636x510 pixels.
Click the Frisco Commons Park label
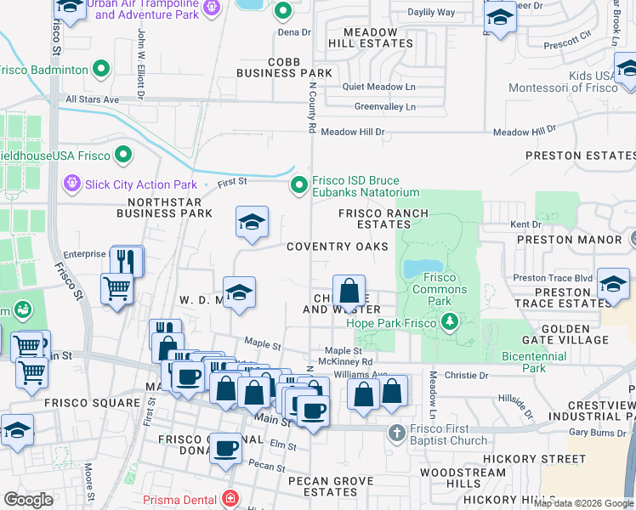(440, 289)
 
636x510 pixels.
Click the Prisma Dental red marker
(229, 499)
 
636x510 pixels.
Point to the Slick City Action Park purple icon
(71, 184)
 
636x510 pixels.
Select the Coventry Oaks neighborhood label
(337, 246)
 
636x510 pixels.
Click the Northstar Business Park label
(169, 207)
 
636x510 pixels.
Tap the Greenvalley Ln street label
(385, 107)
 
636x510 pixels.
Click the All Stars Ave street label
(93, 99)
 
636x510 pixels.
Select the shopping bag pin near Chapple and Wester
(349, 292)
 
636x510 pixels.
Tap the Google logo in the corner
(28, 500)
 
